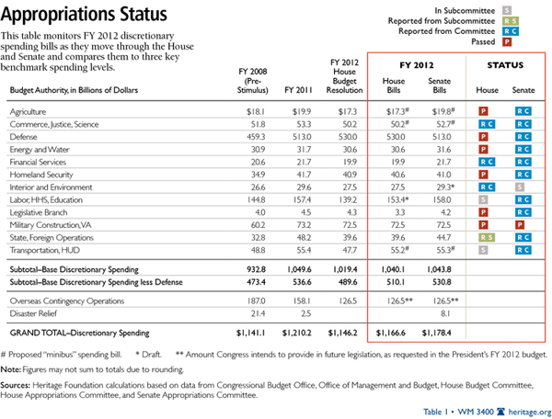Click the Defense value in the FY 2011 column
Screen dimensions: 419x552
point(300,135)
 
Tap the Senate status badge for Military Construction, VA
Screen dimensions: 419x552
point(521,223)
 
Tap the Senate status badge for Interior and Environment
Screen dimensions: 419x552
point(521,186)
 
